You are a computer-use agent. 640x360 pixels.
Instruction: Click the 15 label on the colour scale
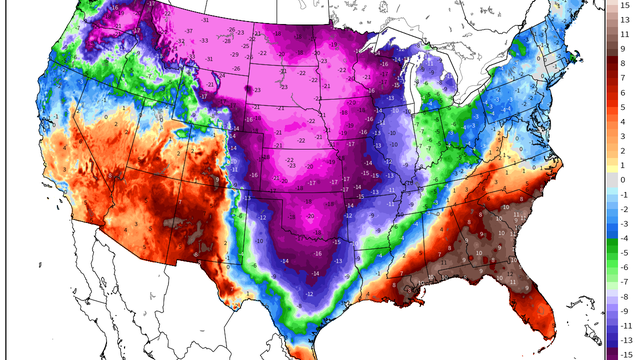pos(625,6)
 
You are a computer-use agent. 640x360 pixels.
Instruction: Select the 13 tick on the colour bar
pos(625,20)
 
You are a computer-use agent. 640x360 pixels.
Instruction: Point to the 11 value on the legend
pos(625,33)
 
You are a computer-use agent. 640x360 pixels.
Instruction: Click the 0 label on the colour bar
pos(625,179)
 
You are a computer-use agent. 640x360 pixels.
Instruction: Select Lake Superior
pos(405,55)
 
